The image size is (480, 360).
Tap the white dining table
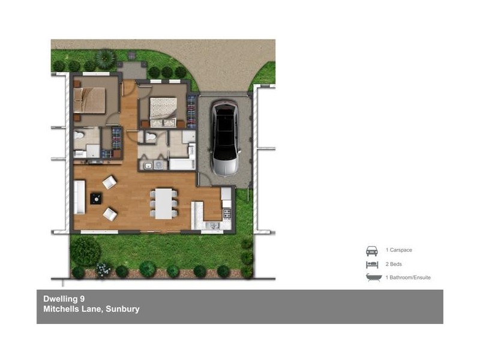point(164,203)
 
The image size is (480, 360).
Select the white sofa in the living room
point(79,198)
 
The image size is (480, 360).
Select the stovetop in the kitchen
point(227,212)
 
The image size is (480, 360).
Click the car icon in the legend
point(372,251)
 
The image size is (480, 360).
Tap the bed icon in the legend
point(372,264)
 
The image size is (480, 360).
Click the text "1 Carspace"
point(399,250)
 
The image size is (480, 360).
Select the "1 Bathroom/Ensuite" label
point(408,277)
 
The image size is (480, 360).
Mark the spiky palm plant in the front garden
point(106,58)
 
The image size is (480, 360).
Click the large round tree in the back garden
point(86,249)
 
